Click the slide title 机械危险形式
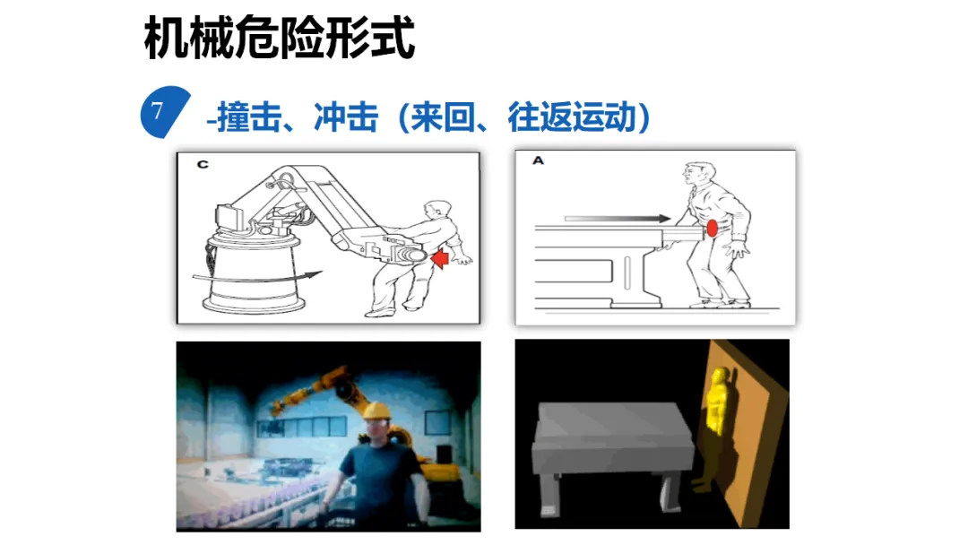(279, 39)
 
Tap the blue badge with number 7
(164, 112)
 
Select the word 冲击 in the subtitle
(346, 117)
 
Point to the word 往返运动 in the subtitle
(571, 117)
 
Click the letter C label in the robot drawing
(203, 164)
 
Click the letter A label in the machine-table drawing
(539, 160)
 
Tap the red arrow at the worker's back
(440, 257)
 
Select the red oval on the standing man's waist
(712, 229)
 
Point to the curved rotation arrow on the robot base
(258, 277)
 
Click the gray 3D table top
(614, 423)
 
